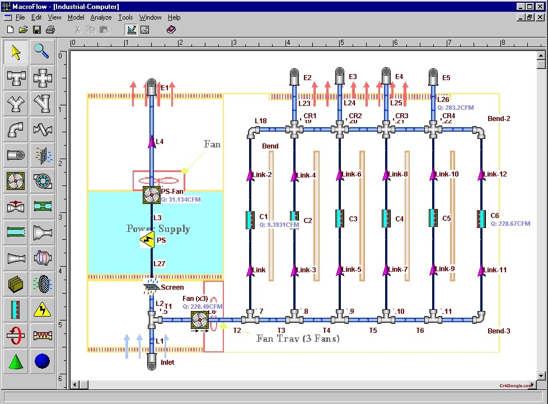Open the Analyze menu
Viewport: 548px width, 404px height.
(101, 17)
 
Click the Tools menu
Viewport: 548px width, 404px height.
(125, 17)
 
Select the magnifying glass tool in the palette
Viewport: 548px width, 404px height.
(42, 52)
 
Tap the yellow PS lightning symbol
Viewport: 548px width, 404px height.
(147, 240)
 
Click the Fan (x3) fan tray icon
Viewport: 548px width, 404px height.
(200, 320)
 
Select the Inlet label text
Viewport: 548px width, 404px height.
(167, 363)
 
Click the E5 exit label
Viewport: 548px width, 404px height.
(446, 78)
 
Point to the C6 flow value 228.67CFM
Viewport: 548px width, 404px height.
(510, 224)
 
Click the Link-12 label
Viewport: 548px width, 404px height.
(496, 174)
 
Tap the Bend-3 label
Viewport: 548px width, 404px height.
(499, 331)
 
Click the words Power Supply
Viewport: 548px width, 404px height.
(158, 229)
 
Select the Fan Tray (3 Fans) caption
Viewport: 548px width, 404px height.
(298, 338)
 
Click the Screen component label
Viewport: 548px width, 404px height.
(172, 287)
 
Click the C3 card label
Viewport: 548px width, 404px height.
(353, 219)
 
